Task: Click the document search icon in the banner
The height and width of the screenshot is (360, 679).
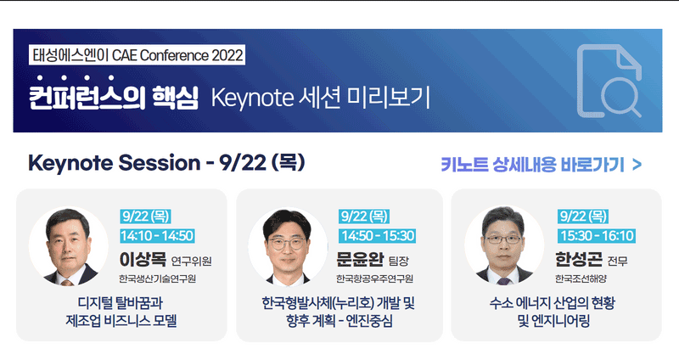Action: coord(609,81)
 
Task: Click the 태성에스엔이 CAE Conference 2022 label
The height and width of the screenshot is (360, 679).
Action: coord(137,55)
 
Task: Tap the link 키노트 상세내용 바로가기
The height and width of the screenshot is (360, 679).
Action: coord(541,165)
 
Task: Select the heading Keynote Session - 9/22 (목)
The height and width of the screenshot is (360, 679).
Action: coord(166,163)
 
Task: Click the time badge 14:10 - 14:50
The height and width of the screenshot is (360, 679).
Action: coord(157,236)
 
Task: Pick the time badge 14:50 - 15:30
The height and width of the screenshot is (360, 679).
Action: coord(377,236)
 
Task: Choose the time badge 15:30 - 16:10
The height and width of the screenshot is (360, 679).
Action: coord(597,236)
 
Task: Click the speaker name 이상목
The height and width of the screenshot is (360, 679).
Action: coord(143,260)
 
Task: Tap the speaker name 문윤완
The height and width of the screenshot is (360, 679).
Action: coord(360,260)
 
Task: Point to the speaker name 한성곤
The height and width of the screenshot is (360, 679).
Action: coord(579,260)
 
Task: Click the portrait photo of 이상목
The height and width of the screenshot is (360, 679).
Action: coord(69,246)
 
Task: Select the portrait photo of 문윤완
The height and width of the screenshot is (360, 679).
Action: coord(288,246)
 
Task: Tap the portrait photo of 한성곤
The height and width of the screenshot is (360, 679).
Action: coord(504,245)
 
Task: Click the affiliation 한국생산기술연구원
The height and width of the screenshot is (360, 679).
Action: coord(158,278)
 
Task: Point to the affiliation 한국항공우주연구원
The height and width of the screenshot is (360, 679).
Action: coord(374,278)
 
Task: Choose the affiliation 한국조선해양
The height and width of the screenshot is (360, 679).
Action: coord(581,278)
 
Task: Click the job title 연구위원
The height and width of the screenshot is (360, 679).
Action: coord(192,261)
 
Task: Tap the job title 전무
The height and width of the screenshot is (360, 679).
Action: coord(618,261)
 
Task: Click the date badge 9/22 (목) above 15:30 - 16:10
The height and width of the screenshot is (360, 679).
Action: coord(583,217)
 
